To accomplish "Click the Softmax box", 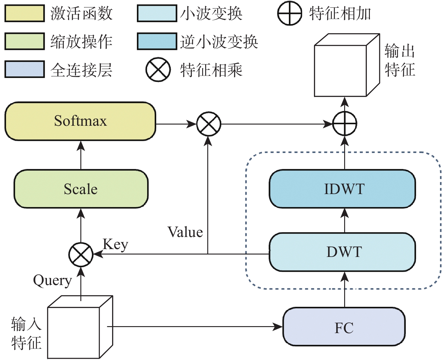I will click(x=80, y=121).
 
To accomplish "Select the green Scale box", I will click(x=81, y=189).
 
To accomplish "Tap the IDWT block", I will click(x=342, y=189).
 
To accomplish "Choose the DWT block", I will click(x=342, y=252).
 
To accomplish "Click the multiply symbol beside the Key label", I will click(x=81, y=255).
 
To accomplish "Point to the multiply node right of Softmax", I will click(x=208, y=124).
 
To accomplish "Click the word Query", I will click(x=52, y=281).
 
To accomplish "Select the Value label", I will click(x=185, y=232).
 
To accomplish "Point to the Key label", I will click(x=115, y=244).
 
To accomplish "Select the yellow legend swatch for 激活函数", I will click(x=24, y=13).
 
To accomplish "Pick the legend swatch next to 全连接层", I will click(x=24, y=69).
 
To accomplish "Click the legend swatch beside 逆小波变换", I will click(x=157, y=41).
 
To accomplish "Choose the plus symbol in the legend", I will click(x=289, y=13).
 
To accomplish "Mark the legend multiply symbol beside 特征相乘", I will click(x=158, y=69).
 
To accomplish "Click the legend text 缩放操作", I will click(x=81, y=41).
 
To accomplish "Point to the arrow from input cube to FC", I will click(x=193, y=327).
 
